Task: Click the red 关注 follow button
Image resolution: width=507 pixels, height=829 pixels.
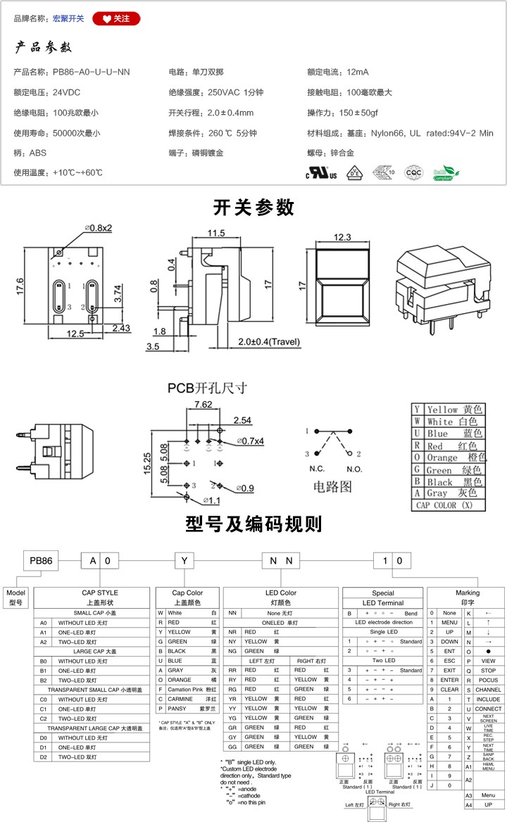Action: [115, 18]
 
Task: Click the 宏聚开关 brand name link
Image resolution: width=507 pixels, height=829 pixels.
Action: [68, 18]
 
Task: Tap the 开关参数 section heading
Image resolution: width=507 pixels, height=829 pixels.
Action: [254, 208]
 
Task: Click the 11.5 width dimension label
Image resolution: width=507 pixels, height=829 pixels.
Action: [215, 233]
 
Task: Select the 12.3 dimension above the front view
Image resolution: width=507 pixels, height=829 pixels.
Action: [342, 238]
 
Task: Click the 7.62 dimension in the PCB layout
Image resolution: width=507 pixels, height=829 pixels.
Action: [203, 405]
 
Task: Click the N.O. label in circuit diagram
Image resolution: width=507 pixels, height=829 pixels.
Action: [353, 469]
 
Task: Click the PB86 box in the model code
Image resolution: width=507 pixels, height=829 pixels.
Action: [41, 560]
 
